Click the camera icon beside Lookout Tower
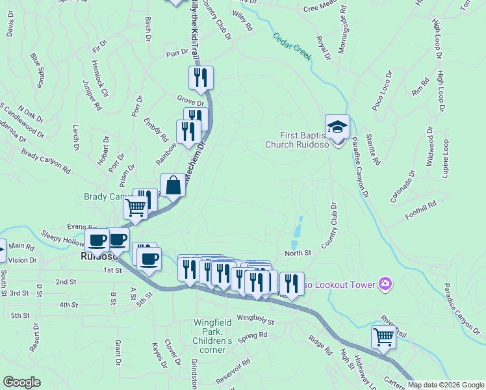point(386,283)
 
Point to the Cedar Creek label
point(292,47)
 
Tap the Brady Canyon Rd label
point(45,161)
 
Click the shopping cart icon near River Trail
point(383,337)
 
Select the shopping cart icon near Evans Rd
point(136,208)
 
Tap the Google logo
point(21,382)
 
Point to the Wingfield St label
point(255,318)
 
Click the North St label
point(298,252)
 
